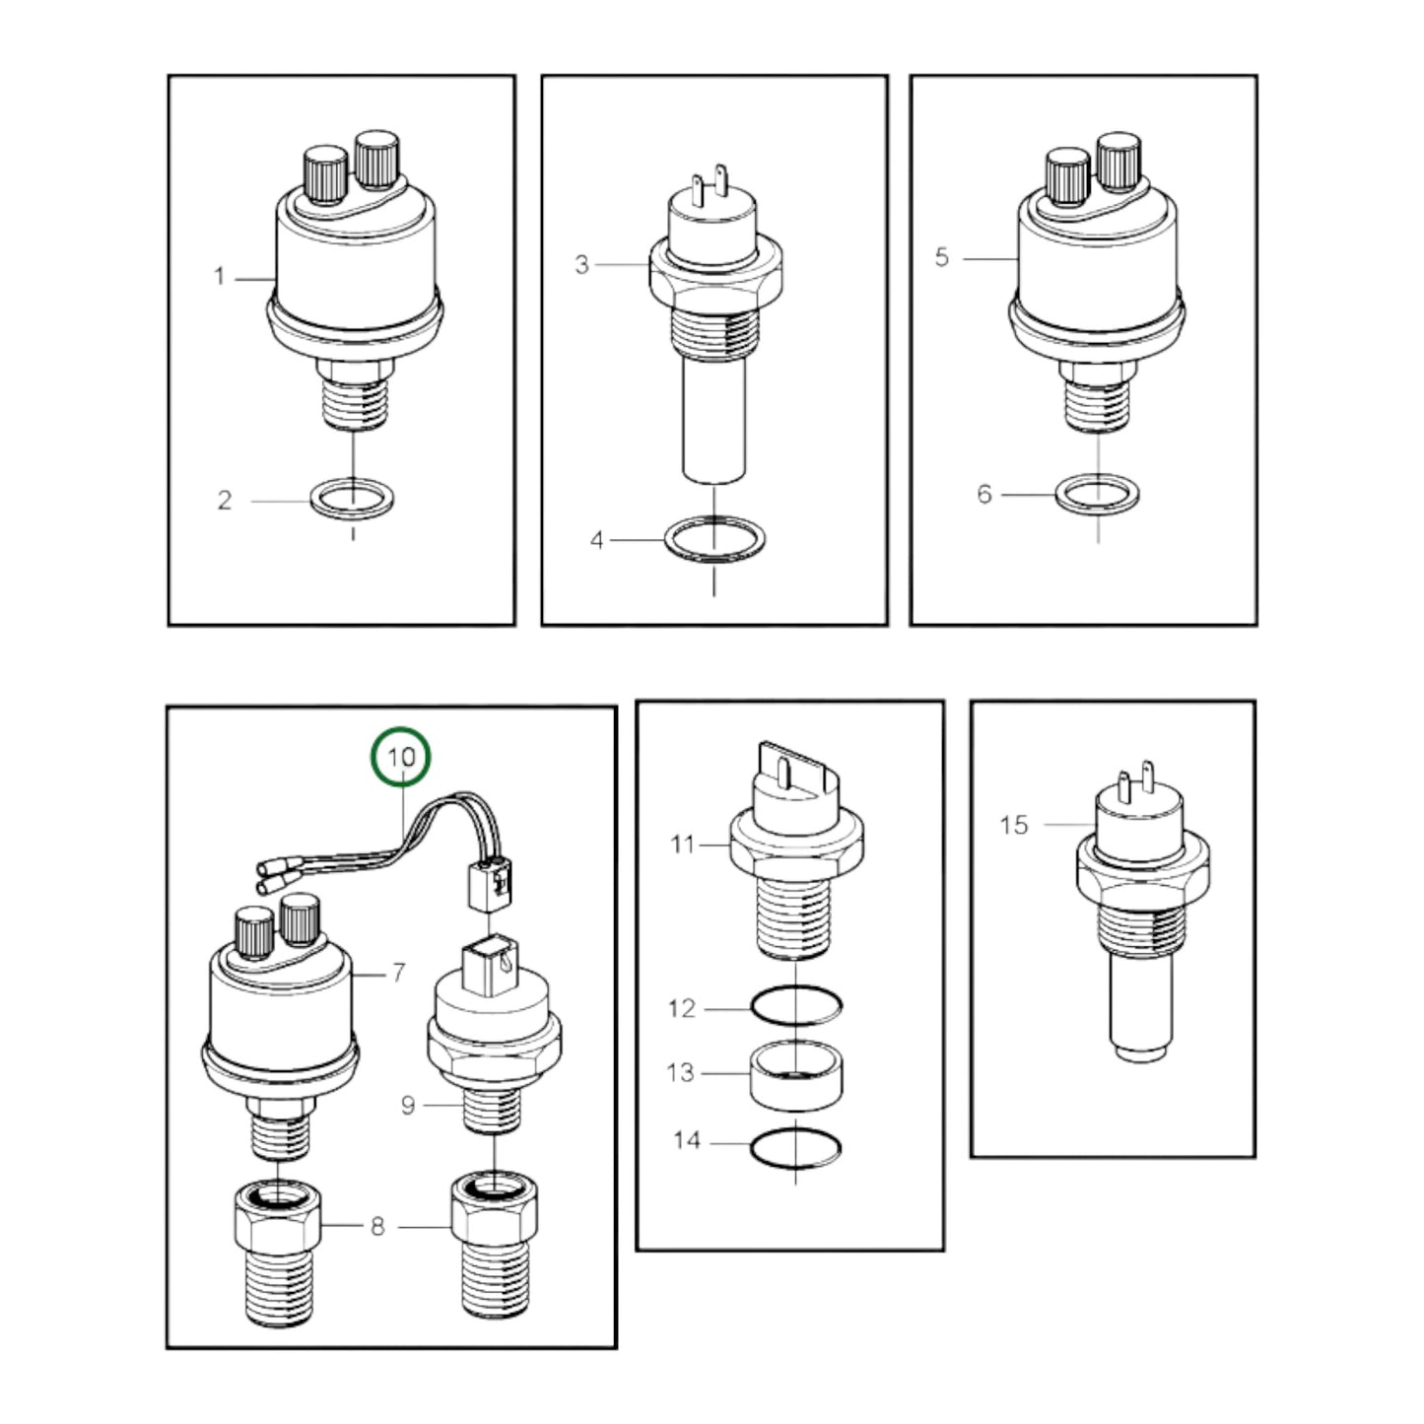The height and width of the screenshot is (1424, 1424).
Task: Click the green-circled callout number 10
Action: tap(401, 757)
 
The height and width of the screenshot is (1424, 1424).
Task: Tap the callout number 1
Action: tap(220, 276)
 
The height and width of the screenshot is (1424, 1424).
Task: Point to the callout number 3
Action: tap(582, 264)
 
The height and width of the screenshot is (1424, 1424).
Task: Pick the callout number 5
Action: tap(941, 257)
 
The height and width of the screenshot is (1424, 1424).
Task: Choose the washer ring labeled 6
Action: tap(1098, 494)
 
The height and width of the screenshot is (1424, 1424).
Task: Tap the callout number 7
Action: tap(398, 973)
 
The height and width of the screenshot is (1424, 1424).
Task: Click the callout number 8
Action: tap(377, 1227)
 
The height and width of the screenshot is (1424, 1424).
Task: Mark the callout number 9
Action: tap(408, 1106)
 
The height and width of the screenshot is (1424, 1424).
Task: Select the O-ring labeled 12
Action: tap(796, 1006)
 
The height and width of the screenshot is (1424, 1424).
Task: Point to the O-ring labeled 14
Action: tap(795, 1149)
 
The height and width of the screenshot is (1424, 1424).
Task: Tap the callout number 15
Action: tap(1014, 825)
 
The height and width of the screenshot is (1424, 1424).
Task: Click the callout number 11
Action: tap(683, 844)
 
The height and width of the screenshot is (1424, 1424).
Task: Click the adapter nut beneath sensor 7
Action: tap(277, 1253)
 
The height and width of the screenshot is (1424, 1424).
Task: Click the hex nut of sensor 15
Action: tap(1143, 870)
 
